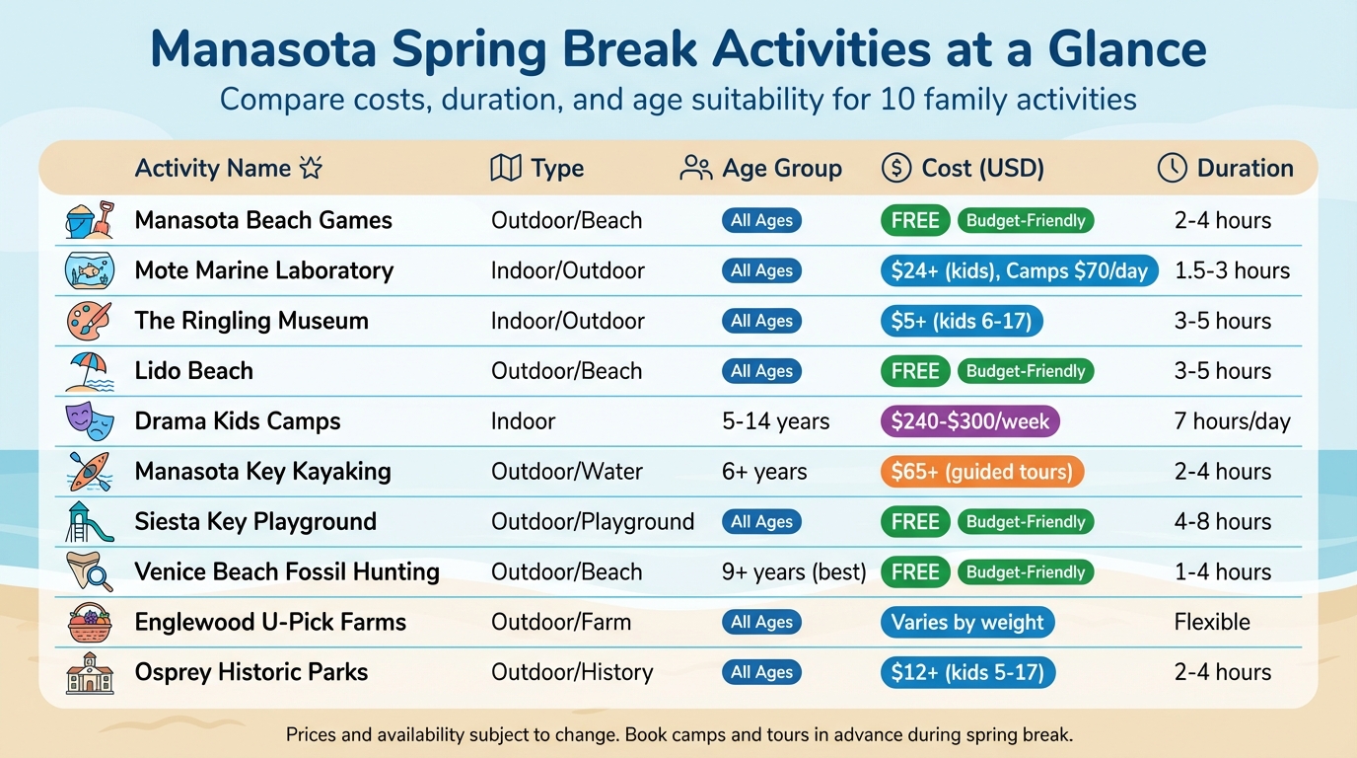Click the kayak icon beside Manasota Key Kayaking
click(90, 472)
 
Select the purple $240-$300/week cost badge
click(969, 421)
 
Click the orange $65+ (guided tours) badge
click(981, 472)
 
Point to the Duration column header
click(1225, 168)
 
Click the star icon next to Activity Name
click(311, 168)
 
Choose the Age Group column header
click(761, 168)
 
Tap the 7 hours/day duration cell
click(1232, 421)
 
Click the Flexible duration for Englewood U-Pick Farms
click(1212, 622)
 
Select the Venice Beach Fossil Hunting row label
click(287, 571)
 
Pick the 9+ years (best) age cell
click(794, 571)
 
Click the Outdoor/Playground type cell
click(593, 521)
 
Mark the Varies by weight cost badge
click(966, 622)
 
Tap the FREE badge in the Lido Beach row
click(915, 371)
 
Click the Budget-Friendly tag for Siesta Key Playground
click(1026, 521)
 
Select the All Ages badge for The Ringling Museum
click(761, 321)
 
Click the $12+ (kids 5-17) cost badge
click(967, 672)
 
